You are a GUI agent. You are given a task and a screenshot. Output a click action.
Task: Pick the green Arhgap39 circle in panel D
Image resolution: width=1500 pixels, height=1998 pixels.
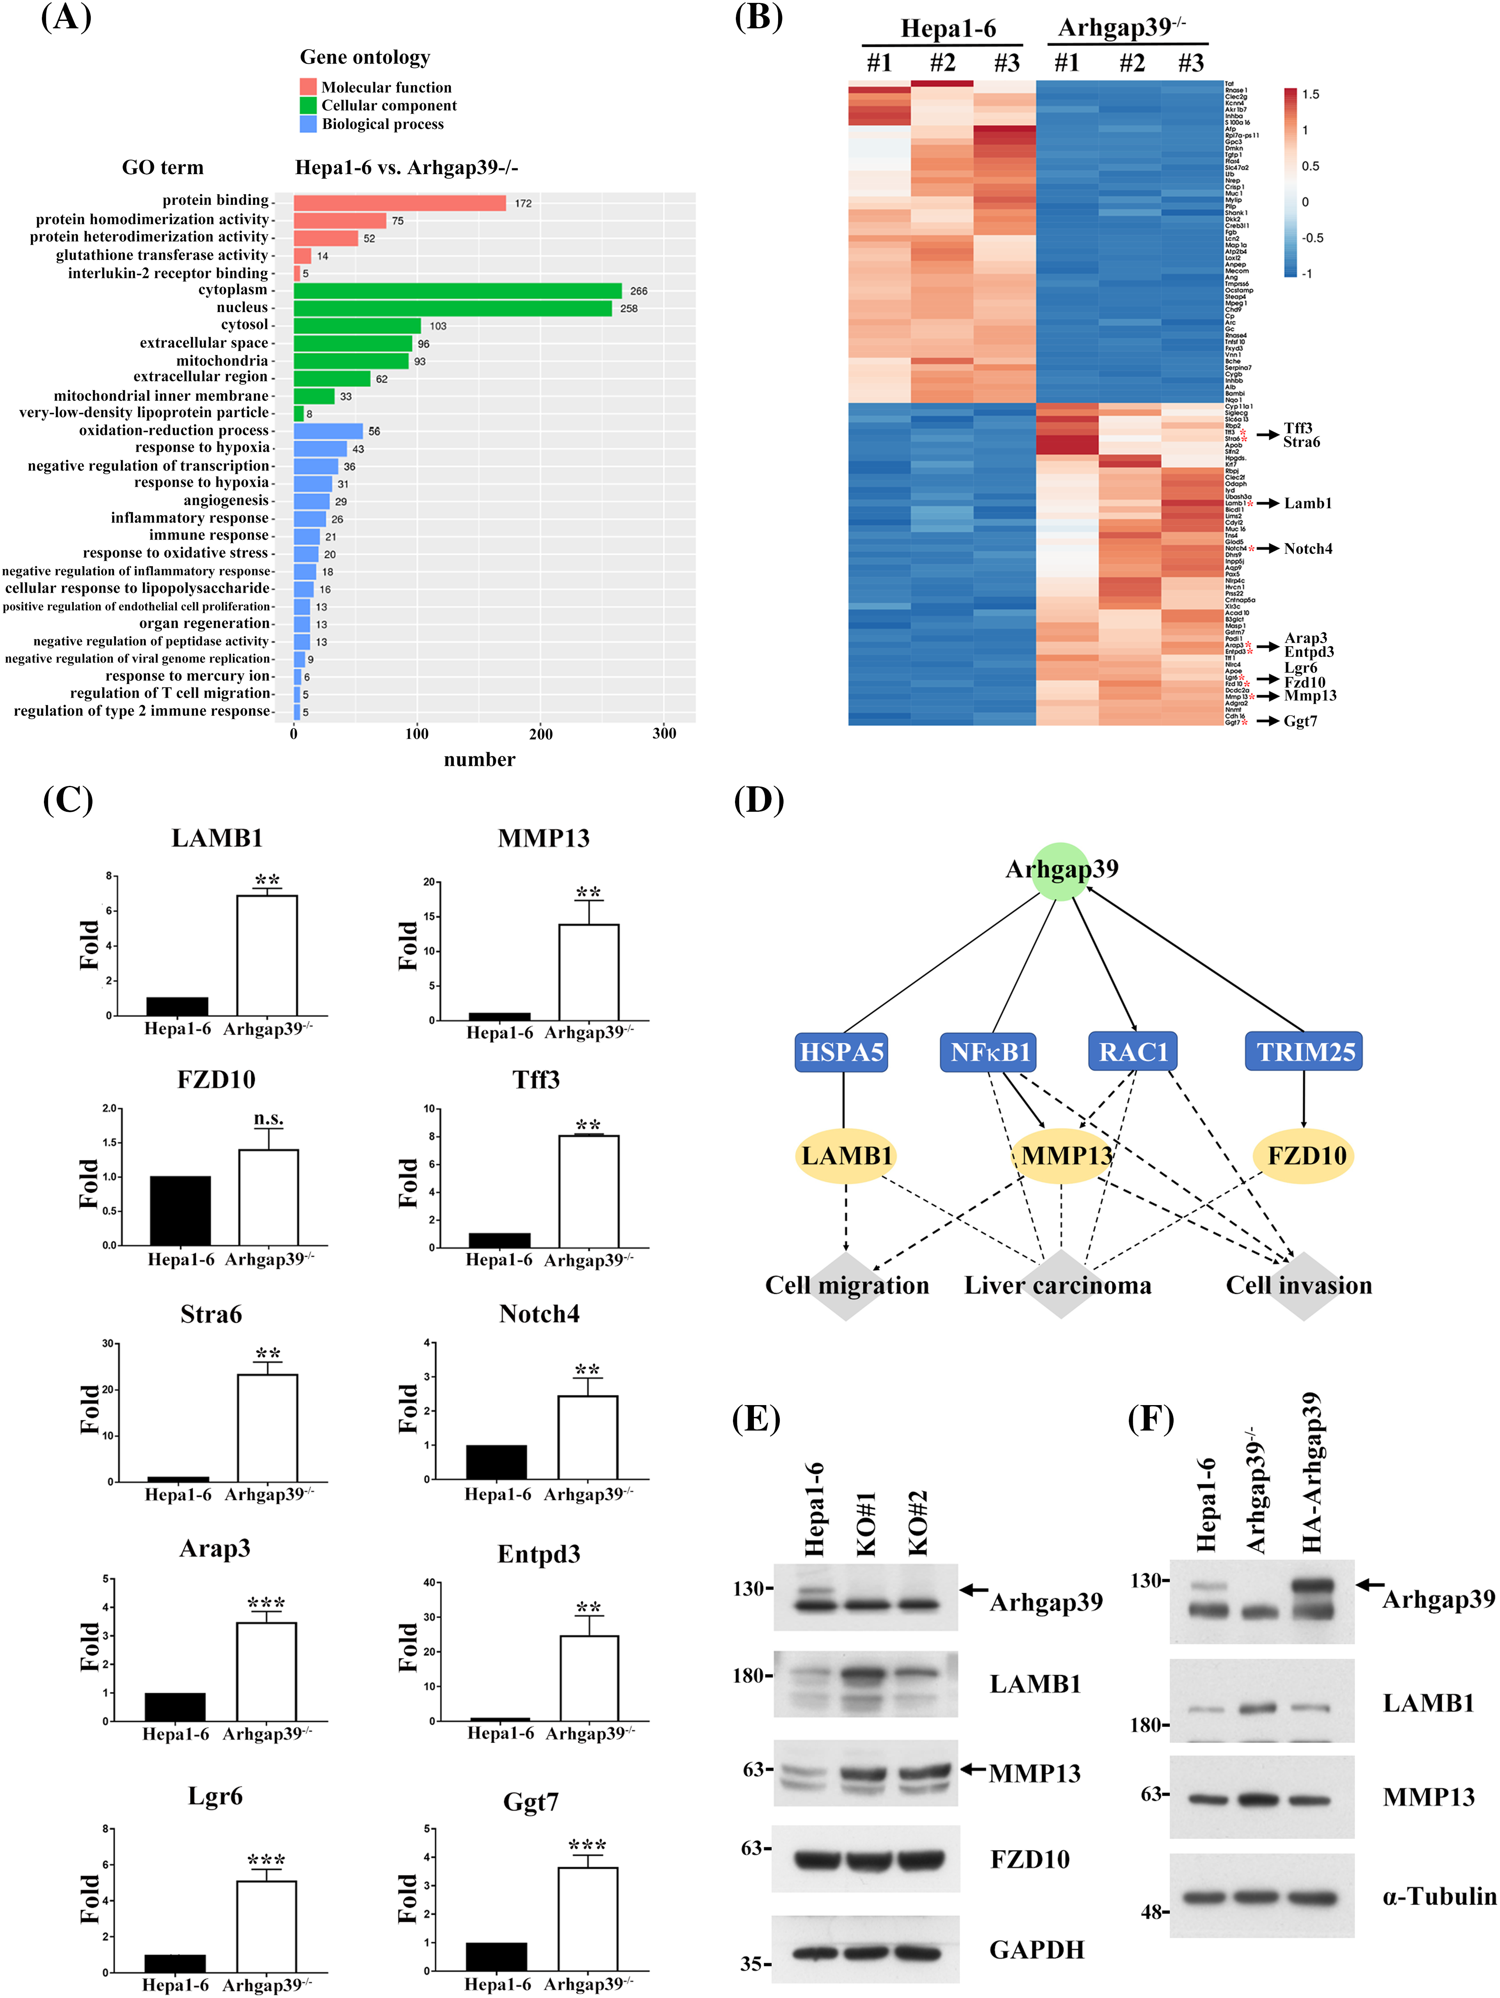[1061, 871]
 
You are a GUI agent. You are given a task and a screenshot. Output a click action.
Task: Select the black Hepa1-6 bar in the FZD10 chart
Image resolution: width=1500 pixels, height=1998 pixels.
[181, 1210]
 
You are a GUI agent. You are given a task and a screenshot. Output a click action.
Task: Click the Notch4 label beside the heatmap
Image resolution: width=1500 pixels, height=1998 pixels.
[1308, 548]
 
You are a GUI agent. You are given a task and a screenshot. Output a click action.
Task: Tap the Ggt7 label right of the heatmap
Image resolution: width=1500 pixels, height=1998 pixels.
[1300, 721]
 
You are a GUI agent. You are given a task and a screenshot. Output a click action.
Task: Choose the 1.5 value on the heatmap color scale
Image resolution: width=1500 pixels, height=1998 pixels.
[1310, 94]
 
